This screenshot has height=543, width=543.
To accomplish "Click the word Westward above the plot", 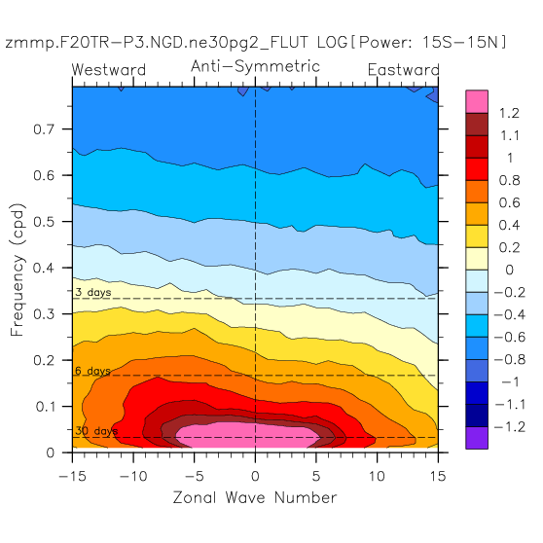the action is click(109, 70).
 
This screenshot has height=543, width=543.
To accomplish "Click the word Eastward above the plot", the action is click(404, 70).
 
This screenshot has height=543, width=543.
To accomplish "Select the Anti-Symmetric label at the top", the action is click(255, 66).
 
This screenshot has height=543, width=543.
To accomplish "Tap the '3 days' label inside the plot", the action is click(93, 292).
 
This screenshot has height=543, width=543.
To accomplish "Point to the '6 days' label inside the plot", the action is click(92, 371).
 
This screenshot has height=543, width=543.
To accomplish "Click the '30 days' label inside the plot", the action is click(96, 431).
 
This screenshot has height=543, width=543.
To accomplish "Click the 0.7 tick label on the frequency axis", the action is click(44, 129).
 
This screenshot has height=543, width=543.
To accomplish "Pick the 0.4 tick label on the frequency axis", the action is click(44, 268).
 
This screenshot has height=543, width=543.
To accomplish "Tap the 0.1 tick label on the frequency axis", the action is click(45, 406).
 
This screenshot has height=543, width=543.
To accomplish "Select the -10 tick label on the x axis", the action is click(133, 476).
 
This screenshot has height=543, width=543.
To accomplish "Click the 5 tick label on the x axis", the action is click(316, 476).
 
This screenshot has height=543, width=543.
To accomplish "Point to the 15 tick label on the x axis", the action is click(438, 476).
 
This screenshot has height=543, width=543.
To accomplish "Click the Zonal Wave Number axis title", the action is click(255, 497).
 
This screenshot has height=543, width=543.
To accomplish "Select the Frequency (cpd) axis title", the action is click(18, 270).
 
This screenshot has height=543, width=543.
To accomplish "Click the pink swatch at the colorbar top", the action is click(477, 101).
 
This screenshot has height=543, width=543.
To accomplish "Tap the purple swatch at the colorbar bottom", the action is click(477, 438).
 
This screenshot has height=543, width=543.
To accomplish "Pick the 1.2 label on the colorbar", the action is click(509, 113).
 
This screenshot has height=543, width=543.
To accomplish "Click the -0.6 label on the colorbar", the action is click(509, 337).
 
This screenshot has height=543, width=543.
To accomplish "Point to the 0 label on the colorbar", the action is click(509, 270).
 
